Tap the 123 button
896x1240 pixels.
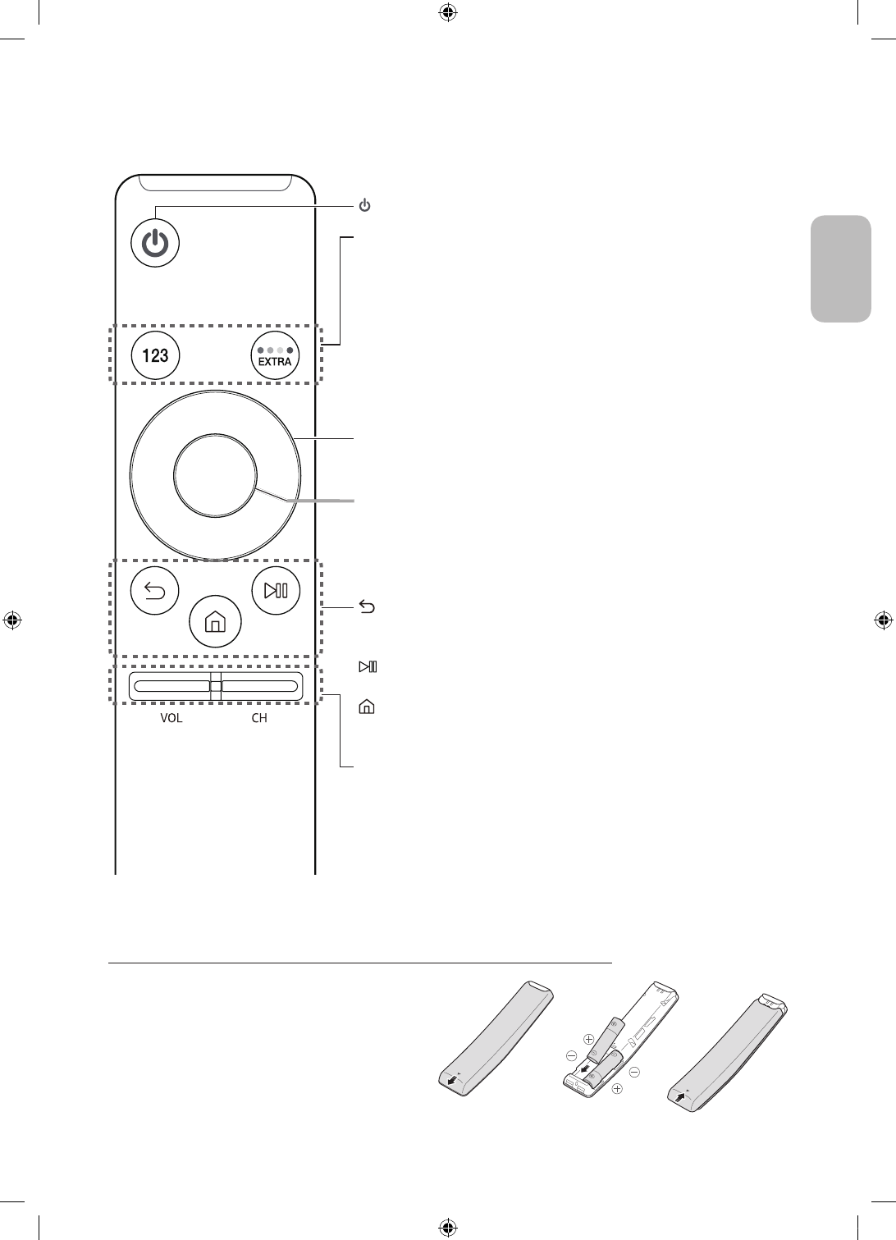pyautogui.click(x=156, y=355)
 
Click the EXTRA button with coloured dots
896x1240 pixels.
pyautogui.click(x=275, y=355)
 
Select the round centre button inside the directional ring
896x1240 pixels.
pyautogui.click(x=215, y=474)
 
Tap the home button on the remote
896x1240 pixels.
pyautogui.click(x=215, y=622)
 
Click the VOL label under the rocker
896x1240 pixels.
pyautogui.click(x=171, y=718)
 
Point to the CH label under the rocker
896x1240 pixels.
pyautogui.click(x=259, y=718)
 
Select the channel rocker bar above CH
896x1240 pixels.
pyautogui.click(x=259, y=686)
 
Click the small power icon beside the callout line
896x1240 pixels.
pyautogui.click(x=365, y=204)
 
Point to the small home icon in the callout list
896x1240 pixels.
pyautogui.click(x=366, y=706)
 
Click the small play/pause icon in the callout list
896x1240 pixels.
pyautogui.click(x=367, y=666)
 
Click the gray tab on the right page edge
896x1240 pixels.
pyautogui.click(x=841, y=269)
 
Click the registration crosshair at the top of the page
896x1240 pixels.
pyautogui.click(x=448, y=12)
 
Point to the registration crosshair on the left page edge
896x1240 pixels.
pyautogui.click(x=12, y=620)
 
